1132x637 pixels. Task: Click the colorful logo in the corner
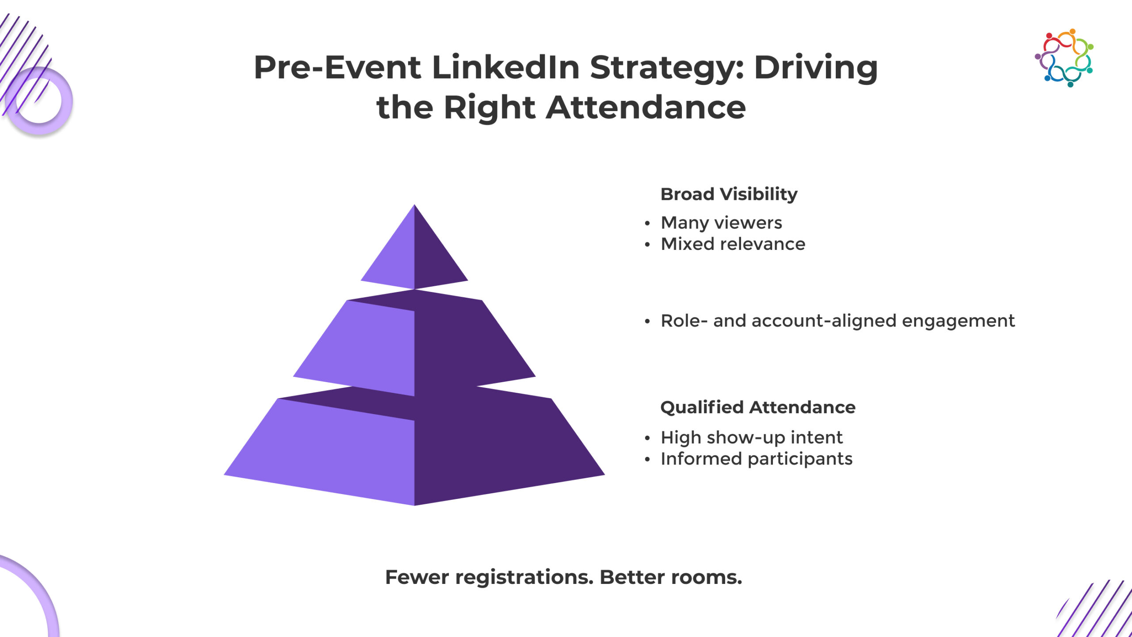click(x=1064, y=58)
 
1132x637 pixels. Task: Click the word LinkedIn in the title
click(x=505, y=67)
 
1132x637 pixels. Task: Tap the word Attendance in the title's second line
click(x=646, y=107)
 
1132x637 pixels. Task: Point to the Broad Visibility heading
click(x=729, y=194)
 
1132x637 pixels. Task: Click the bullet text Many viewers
click(x=721, y=223)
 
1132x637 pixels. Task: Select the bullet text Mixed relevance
click(x=733, y=244)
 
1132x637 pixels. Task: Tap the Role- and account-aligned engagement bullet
click(x=838, y=321)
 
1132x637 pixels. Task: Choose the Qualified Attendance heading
click(x=758, y=407)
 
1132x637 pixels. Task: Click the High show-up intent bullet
click(x=752, y=437)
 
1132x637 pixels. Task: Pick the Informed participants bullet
click(x=757, y=459)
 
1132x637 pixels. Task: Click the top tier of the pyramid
click(x=414, y=252)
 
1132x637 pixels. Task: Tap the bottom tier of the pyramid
click(x=414, y=447)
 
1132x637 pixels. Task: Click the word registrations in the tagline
click(x=524, y=577)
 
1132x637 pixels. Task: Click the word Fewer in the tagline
click(x=417, y=577)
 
